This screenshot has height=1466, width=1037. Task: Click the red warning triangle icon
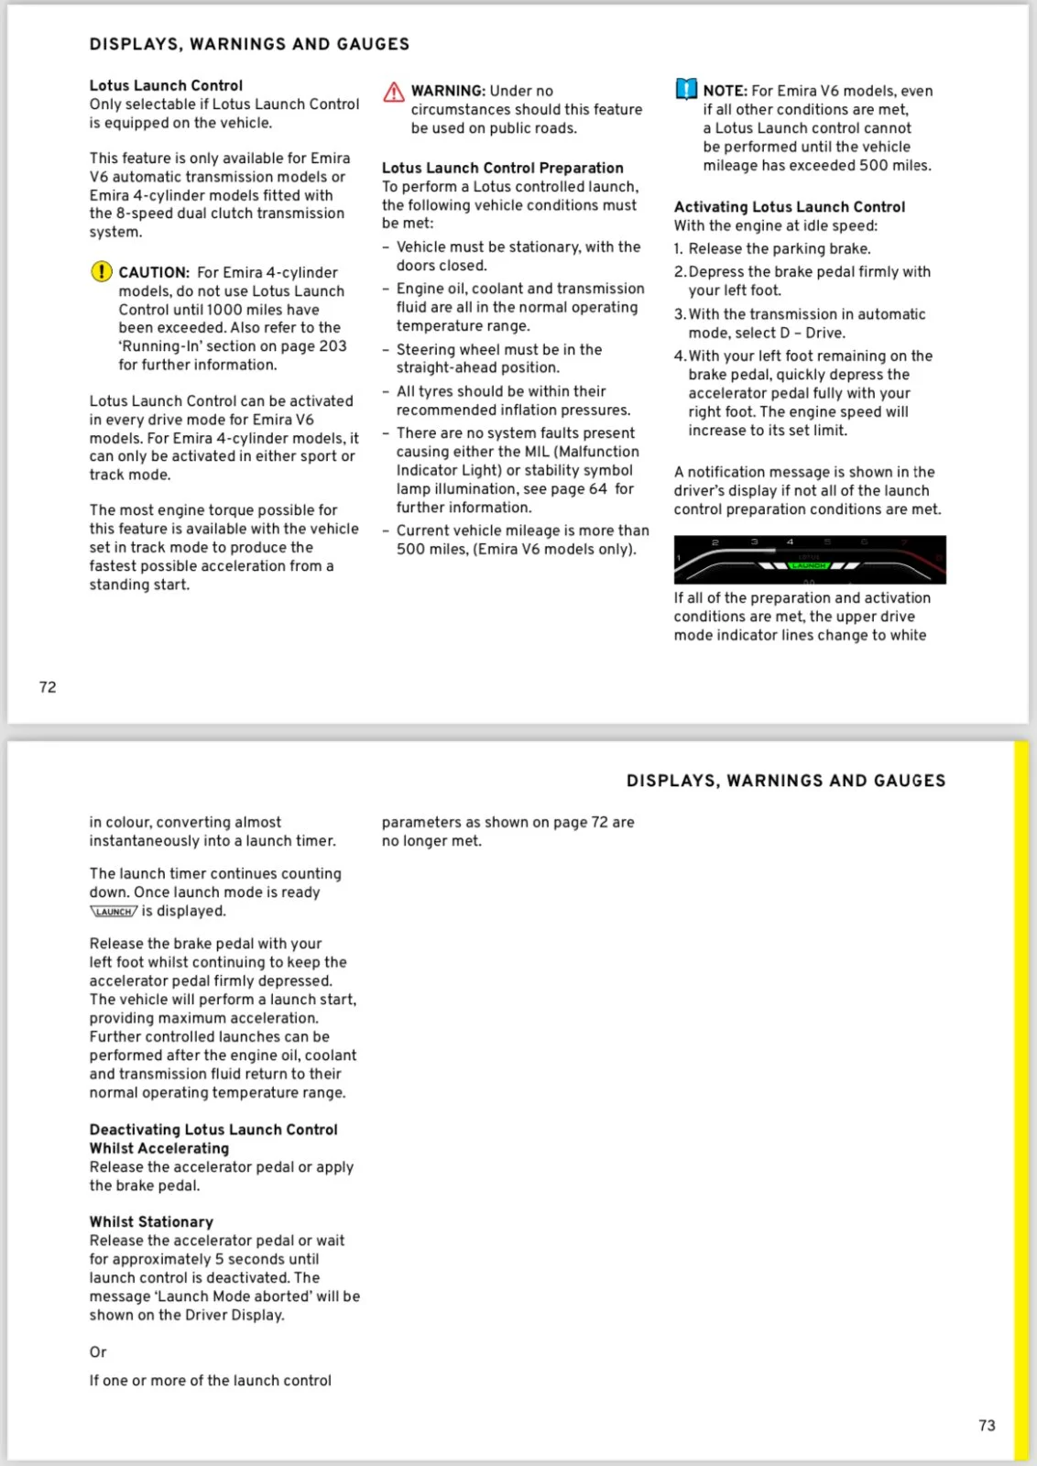pyautogui.click(x=394, y=92)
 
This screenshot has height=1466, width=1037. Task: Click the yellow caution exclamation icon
pyautogui.click(x=101, y=272)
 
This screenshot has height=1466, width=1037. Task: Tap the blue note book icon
pyautogui.click(x=686, y=90)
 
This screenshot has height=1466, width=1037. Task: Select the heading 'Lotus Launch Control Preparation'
pyautogui.click(x=502, y=168)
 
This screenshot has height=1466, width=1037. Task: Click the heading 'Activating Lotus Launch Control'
pyautogui.click(x=789, y=207)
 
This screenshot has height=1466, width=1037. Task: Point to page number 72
pyautogui.click(x=48, y=687)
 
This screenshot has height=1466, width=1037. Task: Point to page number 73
pyautogui.click(x=987, y=1426)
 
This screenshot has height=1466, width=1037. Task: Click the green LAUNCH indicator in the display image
pyautogui.click(x=809, y=566)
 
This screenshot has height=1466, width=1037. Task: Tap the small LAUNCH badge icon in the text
pyautogui.click(x=114, y=912)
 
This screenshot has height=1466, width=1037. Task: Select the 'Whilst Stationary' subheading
pyautogui.click(x=151, y=1221)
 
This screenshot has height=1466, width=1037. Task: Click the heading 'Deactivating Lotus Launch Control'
pyautogui.click(x=213, y=1130)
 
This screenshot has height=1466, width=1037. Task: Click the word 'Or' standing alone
pyautogui.click(x=98, y=1351)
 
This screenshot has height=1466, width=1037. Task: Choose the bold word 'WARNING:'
pyautogui.click(x=448, y=91)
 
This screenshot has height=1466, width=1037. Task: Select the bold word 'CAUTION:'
pyautogui.click(x=154, y=272)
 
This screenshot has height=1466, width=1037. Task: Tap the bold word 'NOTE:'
pyautogui.click(x=725, y=91)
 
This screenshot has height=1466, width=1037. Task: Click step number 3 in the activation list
pyautogui.click(x=679, y=314)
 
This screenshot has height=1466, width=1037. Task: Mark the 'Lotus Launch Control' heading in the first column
pyautogui.click(x=166, y=85)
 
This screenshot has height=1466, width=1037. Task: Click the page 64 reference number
pyautogui.click(x=598, y=489)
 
